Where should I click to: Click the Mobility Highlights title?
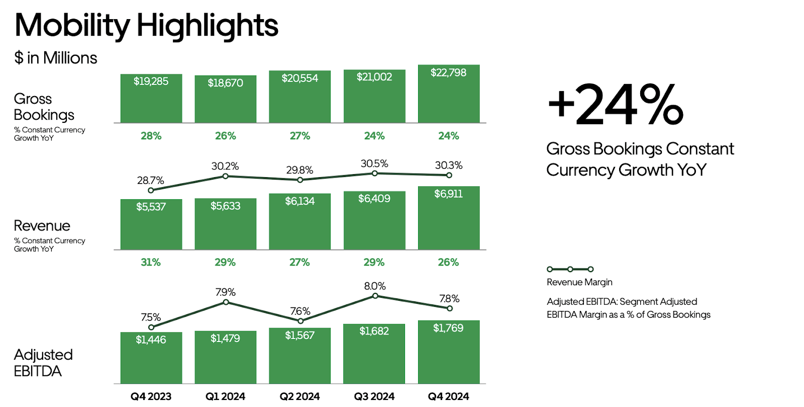pos(146,25)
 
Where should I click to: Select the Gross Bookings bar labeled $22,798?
pos(449,96)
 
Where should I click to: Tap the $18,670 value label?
pos(225,83)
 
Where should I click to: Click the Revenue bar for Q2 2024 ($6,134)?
pos(299,224)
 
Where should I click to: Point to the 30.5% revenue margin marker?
pos(374,173)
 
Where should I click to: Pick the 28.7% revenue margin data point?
pos(151,190)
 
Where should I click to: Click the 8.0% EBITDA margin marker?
pos(375,296)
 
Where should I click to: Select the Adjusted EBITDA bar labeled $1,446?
pos(151,360)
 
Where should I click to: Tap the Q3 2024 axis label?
pos(374,396)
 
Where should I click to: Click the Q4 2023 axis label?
pos(151,396)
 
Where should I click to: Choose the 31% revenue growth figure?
pos(151,262)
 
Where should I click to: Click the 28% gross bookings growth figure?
pos(151,136)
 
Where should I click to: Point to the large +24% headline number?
pos(616,106)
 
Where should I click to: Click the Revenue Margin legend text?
pos(579,282)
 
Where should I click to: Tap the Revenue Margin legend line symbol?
pos(570,269)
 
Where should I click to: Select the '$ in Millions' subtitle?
pos(56,58)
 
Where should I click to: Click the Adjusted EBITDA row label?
pos(43,363)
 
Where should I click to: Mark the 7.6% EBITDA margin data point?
pos(300,320)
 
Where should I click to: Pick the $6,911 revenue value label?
pos(448,194)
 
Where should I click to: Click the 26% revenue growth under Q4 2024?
pos(448,262)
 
